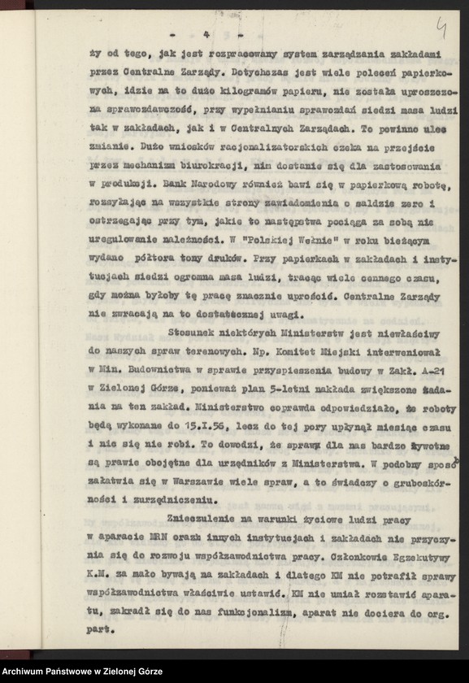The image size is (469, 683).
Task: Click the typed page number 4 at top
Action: pyautogui.click(x=207, y=34)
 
